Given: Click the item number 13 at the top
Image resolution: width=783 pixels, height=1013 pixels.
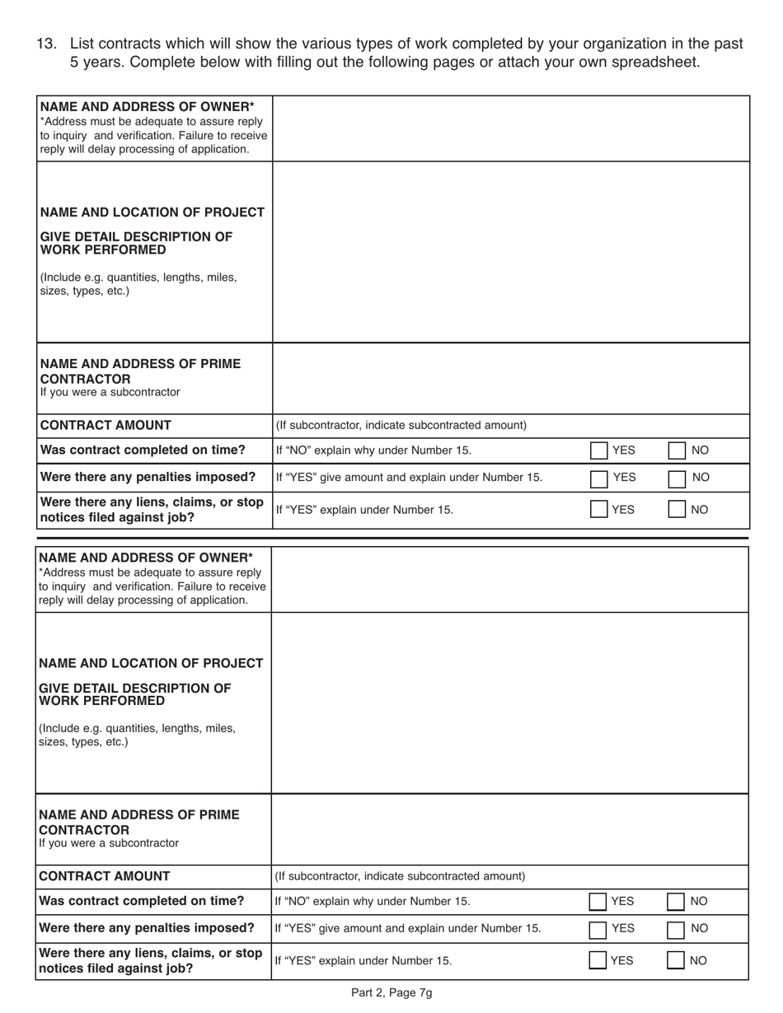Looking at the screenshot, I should pyautogui.click(x=46, y=44).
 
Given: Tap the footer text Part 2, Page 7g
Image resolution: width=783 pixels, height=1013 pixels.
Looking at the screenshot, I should pyautogui.click(x=391, y=992).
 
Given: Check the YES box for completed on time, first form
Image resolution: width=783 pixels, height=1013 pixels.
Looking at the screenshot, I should pyautogui.click(x=599, y=450).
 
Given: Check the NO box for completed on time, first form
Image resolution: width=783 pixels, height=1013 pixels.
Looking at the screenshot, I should pyautogui.click(x=677, y=450).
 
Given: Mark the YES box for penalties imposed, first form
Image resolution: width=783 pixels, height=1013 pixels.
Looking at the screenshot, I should pyautogui.click(x=599, y=477).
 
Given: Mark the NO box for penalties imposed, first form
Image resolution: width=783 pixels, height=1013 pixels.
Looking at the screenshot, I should pyautogui.click(x=677, y=477).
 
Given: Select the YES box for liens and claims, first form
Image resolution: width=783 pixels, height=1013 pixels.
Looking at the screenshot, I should pyautogui.click(x=599, y=509).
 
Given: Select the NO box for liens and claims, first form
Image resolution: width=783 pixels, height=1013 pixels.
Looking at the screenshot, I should pyautogui.click(x=677, y=509).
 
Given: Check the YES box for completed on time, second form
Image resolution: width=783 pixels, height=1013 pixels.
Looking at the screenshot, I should pyautogui.click(x=598, y=902).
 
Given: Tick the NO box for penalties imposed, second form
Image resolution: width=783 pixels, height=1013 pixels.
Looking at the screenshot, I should pyautogui.click(x=676, y=928).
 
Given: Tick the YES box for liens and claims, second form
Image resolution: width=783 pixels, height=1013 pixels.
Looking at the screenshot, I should pyautogui.click(x=598, y=960).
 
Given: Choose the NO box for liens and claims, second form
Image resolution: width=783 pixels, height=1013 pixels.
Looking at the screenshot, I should pyautogui.click(x=676, y=960).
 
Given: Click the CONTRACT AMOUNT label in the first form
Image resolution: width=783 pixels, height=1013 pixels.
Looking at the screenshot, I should pyautogui.click(x=105, y=425).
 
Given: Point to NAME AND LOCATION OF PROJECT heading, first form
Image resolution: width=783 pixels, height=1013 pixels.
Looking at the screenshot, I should pyautogui.click(x=152, y=212).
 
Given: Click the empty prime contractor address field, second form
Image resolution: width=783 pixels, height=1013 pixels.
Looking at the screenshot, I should pyautogui.click(x=510, y=829).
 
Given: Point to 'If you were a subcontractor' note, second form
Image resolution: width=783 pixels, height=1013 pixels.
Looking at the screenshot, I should pyautogui.click(x=109, y=843).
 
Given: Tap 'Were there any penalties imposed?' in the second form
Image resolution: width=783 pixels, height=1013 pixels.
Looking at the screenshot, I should pyautogui.click(x=147, y=928).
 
